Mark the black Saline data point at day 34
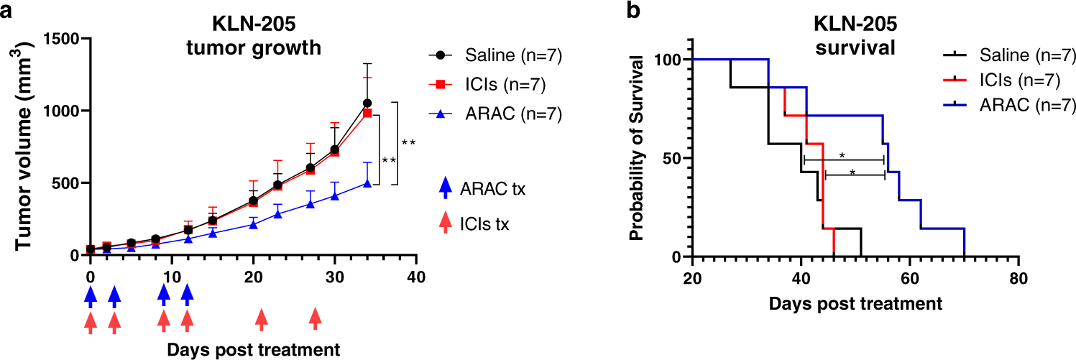coord(367,103)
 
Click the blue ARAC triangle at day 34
coord(367,183)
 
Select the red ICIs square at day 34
coord(367,114)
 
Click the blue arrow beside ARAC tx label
coord(445,188)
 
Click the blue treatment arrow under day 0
coord(90,295)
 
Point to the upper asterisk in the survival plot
coord(842,154)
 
